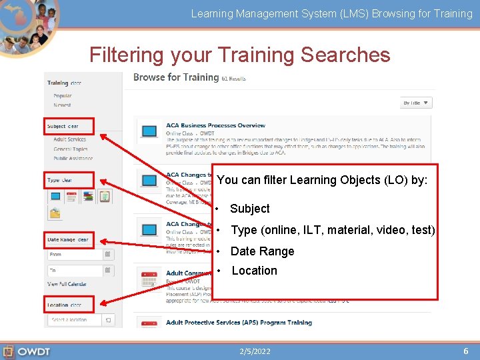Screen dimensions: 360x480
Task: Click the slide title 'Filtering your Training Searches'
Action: [239, 55]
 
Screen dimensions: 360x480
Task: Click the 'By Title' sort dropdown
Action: [417, 103]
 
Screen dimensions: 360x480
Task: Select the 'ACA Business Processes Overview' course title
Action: [215, 125]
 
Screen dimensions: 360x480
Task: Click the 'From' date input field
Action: [75, 254]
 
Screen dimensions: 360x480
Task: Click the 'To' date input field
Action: [75, 271]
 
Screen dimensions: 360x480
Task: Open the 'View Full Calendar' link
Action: [67, 284]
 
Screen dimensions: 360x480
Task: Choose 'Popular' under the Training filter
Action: [63, 96]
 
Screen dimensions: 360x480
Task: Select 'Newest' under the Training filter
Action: [62, 105]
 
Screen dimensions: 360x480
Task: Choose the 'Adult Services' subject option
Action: [70, 140]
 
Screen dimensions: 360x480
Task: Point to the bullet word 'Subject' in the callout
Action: [250, 209]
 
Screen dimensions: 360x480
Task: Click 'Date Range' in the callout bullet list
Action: [262, 251]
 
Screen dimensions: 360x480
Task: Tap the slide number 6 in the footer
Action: [466, 351]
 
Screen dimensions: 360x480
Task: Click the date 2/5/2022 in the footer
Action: [255, 351]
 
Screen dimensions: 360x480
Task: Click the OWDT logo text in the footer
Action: [33, 351]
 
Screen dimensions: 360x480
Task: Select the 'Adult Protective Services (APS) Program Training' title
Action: [239, 323]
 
